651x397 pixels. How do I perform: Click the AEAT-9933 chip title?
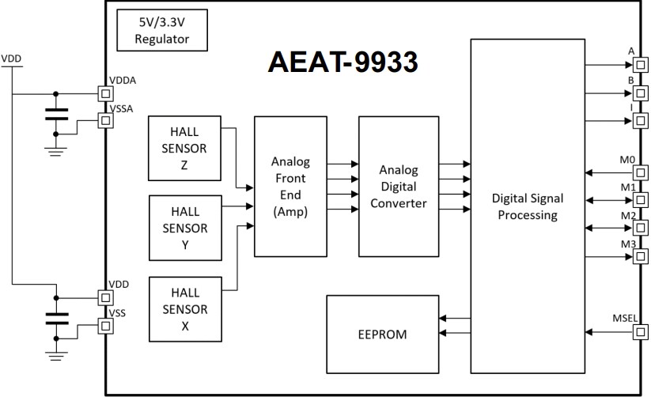(344, 62)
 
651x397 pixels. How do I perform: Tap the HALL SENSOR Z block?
(184, 148)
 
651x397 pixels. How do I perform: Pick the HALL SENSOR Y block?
(184, 229)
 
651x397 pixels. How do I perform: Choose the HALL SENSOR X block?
(184, 309)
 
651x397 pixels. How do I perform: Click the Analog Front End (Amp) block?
(290, 186)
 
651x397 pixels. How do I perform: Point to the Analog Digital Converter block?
(398, 186)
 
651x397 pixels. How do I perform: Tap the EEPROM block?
(381, 335)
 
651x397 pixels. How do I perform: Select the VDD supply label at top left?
(12, 59)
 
